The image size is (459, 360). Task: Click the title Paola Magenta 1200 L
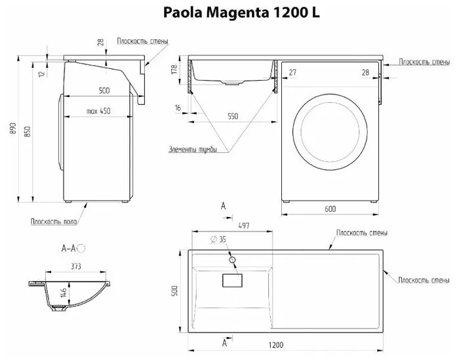pos(241,13)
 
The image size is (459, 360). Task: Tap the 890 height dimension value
pos(13,129)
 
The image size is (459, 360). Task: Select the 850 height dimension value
pos(27,132)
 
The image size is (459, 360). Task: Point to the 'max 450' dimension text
pos(98,111)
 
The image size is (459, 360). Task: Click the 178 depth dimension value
pos(174,69)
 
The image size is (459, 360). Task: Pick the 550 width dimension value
pos(233,116)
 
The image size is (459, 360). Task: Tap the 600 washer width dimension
pos(330,209)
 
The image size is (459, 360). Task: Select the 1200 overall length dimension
pos(276,345)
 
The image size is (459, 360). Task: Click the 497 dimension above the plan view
pos(244,226)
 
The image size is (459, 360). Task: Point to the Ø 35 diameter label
pos(218,239)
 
